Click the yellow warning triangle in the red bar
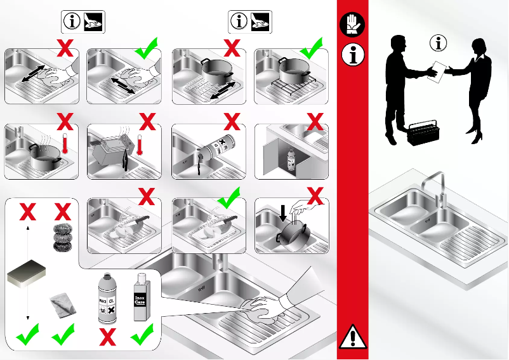point(353,337)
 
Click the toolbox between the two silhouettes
point(423,134)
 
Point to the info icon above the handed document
point(439,43)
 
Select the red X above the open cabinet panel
point(315,121)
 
